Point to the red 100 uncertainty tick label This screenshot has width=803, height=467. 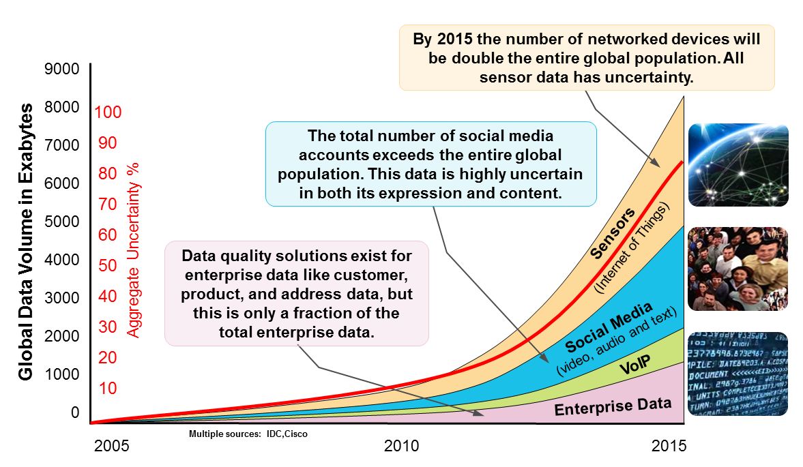pos(108,112)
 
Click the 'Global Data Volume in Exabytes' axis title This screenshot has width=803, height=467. pos(26,242)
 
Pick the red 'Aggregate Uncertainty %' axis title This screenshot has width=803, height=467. pos(134,250)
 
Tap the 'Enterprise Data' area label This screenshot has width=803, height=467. pos(612,406)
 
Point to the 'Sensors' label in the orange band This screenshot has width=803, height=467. pos(613,233)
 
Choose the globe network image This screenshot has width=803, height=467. pos(738,164)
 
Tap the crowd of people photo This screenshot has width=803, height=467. pos(738,269)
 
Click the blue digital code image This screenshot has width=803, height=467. pos(738,374)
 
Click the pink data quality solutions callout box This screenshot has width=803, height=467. pos(297,293)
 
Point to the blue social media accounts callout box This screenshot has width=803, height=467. pos(430,164)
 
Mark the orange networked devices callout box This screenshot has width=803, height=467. pos(586,58)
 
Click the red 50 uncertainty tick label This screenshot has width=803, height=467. pos(108,265)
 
